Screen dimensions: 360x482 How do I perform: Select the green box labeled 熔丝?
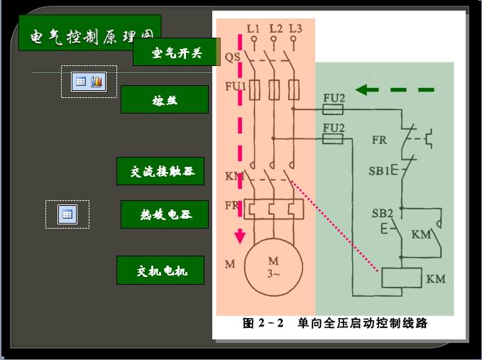(x=164, y=99)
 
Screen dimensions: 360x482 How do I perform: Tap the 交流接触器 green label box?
(x=160, y=171)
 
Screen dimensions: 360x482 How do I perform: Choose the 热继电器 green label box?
(x=165, y=214)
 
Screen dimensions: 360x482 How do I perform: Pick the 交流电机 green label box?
(x=161, y=271)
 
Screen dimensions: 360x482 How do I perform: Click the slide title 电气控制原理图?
(x=89, y=35)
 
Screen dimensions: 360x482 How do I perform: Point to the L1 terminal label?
(x=253, y=28)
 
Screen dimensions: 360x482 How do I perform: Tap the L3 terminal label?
(x=295, y=28)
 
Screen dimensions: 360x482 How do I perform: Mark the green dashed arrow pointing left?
(x=395, y=90)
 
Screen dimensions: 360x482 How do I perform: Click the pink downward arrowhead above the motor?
(x=240, y=236)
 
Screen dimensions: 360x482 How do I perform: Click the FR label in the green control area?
(x=379, y=140)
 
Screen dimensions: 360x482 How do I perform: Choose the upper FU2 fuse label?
(x=334, y=98)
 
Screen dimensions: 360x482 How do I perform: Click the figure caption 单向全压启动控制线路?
(x=363, y=324)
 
